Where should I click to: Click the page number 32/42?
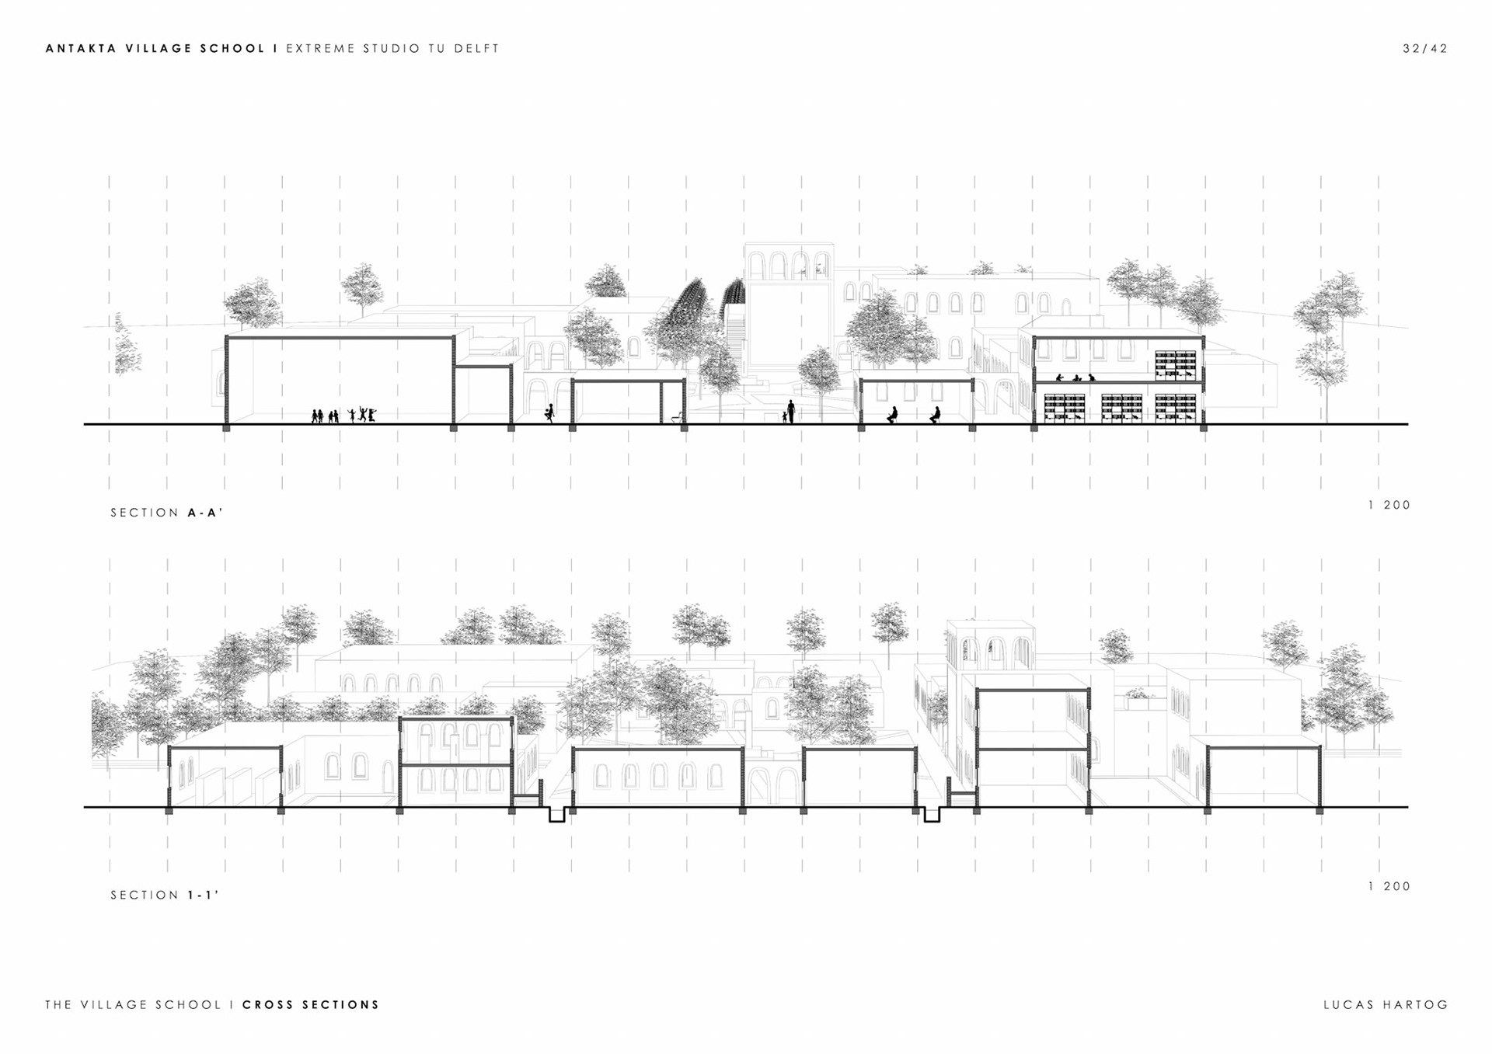(1425, 48)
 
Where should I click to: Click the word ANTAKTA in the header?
(82, 48)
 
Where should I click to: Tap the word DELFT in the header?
(476, 48)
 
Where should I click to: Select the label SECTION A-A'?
(166, 513)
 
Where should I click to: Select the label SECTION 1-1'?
(164, 895)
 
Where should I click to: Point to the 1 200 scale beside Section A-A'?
(1389, 505)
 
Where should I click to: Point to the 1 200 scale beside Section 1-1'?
(1389, 886)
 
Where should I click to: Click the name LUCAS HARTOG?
(1386, 1004)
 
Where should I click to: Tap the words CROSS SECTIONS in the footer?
(311, 1004)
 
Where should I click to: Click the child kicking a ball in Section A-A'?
(550, 413)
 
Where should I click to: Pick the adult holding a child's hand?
(790, 411)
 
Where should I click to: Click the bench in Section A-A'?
(678, 418)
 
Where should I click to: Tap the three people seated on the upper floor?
(1075, 378)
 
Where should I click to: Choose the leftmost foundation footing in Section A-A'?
(226, 427)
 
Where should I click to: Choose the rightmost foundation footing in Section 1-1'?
(1319, 810)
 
